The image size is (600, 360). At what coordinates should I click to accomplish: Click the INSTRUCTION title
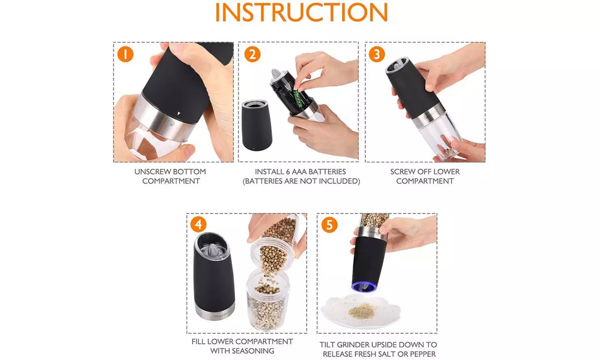pyautogui.click(x=302, y=12)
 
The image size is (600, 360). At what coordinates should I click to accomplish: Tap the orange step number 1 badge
pyautogui.click(x=125, y=54)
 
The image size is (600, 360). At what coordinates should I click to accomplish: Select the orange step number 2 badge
pyautogui.click(x=252, y=54)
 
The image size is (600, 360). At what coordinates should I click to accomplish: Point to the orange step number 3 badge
pyautogui.click(x=377, y=54)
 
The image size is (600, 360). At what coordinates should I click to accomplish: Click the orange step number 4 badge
pyautogui.click(x=198, y=224)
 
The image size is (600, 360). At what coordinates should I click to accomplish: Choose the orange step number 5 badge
pyautogui.click(x=329, y=225)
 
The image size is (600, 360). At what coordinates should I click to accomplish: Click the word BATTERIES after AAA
pyautogui.click(x=325, y=172)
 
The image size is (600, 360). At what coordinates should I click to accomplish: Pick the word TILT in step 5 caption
pyautogui.click(x=327, y=345)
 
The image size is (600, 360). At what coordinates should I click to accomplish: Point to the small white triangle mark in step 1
pyautogui.click(x=179, y=113)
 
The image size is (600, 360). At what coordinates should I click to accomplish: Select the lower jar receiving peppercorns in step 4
pyautogui.click(x=268, y=300)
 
